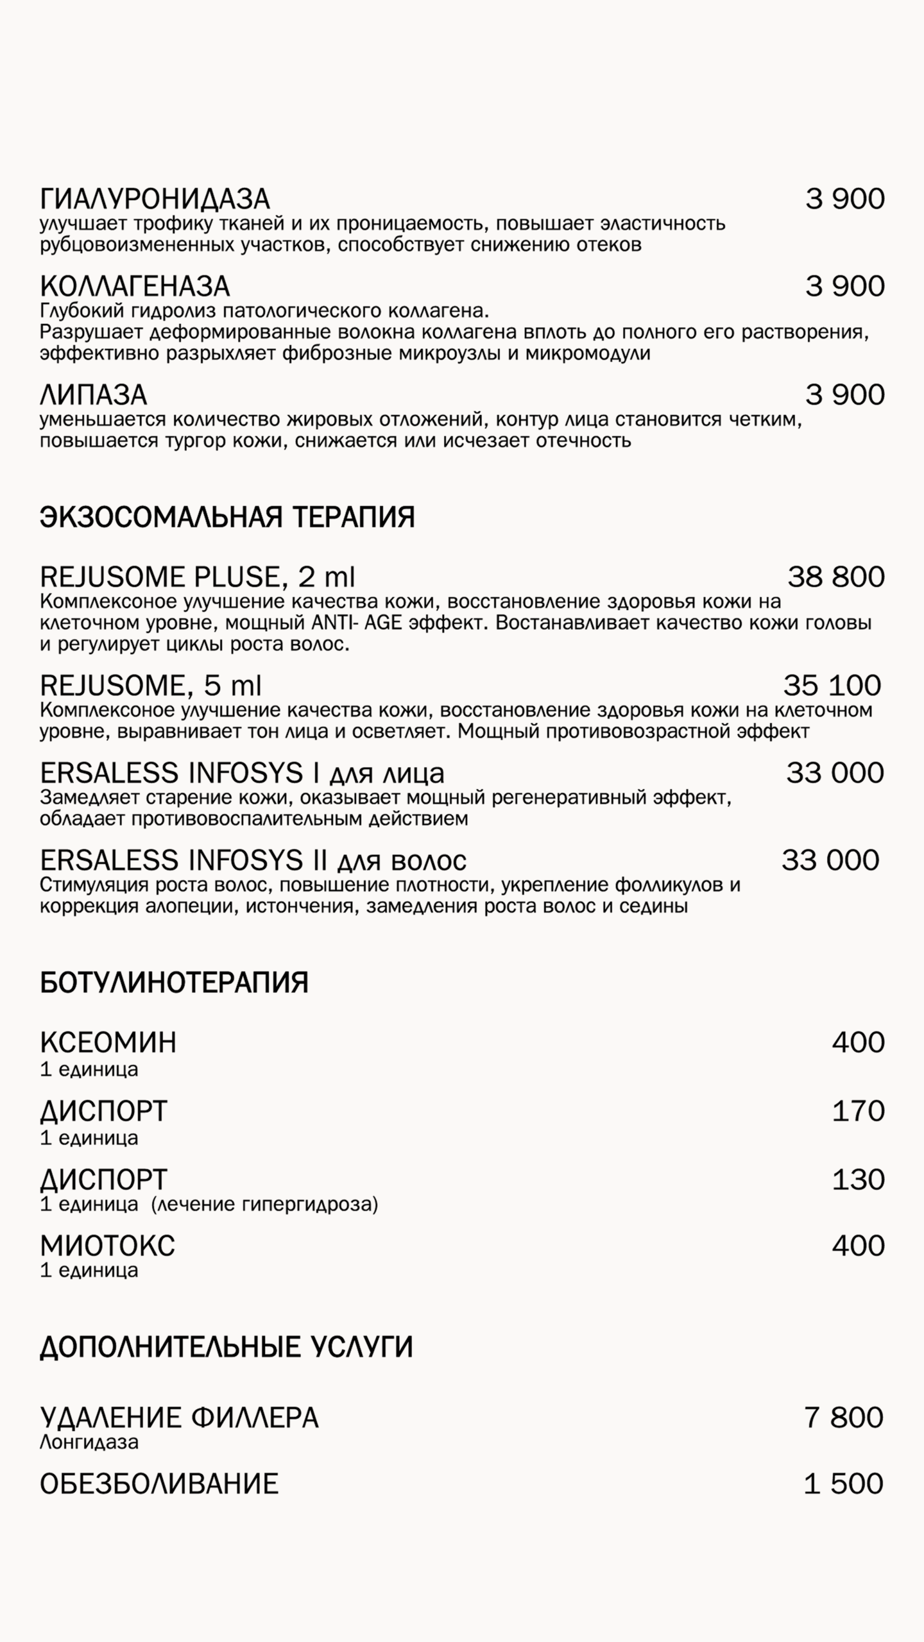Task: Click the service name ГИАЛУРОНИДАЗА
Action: click(155, 199)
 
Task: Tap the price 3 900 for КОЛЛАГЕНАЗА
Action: click(845, 286)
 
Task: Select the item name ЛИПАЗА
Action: click(94, 394)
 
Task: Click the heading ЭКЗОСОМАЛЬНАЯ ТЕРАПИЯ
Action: click(227, 517)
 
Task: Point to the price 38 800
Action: click(836, 577)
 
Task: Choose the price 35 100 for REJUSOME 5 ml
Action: click(832, 686)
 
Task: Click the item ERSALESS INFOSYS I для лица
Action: click(242, 773)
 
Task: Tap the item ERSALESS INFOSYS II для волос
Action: click(253, 860)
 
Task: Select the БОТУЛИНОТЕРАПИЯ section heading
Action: click(174, 982)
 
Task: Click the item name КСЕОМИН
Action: click(108, 1042)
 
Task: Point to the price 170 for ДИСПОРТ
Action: click(858, 1111)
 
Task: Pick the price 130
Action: click(858, 1179)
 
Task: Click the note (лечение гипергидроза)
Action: click(264, 1204)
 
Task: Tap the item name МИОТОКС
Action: click(107, 1246)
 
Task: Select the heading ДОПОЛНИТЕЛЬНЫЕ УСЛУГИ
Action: click(226, 1347)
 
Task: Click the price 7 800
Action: click(844, 1417)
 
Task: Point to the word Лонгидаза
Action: click(89, 1442)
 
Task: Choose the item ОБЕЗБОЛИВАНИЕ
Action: click(159, 1484)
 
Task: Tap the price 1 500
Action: click(844, 1484)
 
